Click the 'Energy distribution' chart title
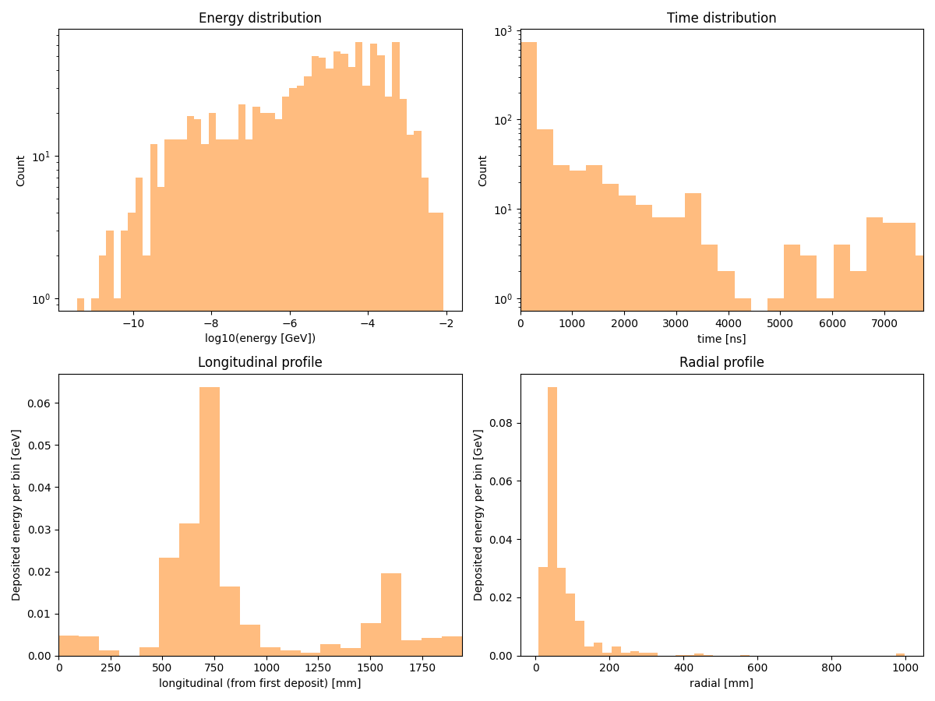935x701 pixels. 259,18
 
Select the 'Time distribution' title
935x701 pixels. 722,18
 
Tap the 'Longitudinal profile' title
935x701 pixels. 259,362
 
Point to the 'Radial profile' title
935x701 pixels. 722,362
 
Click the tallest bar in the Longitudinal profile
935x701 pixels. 210,522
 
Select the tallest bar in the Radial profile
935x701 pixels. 552,522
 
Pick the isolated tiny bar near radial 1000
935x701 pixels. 901,654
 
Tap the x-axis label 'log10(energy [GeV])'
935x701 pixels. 259,338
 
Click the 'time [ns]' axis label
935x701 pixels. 722,338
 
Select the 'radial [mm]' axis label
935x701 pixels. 722,683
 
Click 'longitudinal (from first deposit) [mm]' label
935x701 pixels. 259,683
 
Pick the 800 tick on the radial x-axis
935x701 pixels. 831,668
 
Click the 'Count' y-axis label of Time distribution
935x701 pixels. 483,170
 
